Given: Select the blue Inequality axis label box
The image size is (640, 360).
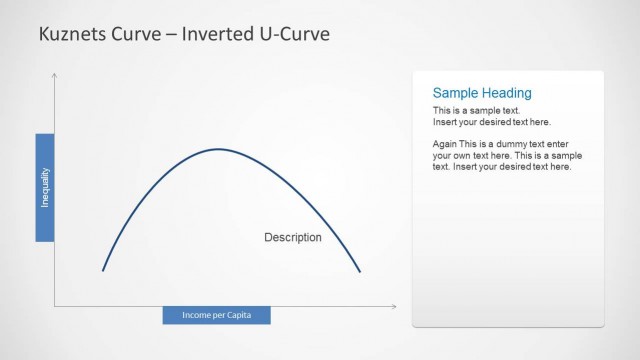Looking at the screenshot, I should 44,187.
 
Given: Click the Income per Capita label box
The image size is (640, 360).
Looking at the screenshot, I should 216,316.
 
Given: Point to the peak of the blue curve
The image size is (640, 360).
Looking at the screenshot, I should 220,149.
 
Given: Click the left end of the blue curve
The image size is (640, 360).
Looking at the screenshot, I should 103,270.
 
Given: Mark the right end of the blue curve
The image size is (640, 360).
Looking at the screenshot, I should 359,271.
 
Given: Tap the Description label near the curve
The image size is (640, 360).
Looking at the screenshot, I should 292,238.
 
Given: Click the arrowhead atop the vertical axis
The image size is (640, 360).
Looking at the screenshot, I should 55,75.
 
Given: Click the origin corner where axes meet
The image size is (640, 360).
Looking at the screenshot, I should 55,306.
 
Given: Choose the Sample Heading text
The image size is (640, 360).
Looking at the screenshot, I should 481,93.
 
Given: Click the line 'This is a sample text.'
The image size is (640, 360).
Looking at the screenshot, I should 476,110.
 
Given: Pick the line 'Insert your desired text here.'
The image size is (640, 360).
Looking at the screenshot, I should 491,121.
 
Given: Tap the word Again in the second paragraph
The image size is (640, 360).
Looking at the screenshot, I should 445,144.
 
